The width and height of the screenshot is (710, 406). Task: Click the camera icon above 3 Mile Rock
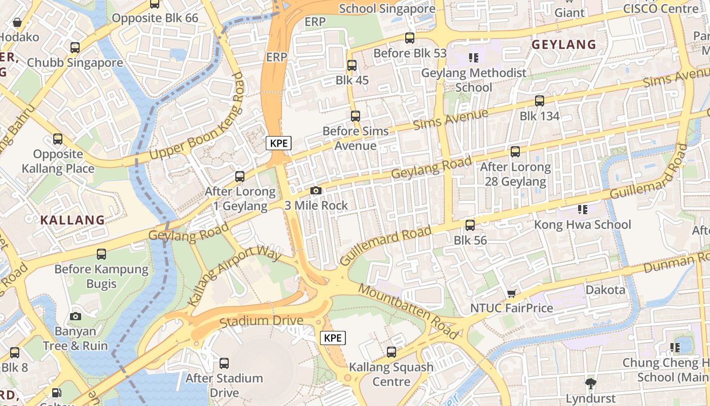315,191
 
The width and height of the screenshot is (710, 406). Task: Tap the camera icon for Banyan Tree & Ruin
75,316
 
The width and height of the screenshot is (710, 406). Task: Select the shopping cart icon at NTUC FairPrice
512,293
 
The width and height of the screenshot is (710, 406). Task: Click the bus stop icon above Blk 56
470,225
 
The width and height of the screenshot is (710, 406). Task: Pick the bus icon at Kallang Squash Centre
391,352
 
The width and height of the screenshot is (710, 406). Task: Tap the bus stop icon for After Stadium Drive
224,363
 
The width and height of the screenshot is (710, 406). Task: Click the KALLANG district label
72,220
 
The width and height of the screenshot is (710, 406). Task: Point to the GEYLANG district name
563,45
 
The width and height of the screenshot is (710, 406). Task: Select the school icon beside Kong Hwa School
582,209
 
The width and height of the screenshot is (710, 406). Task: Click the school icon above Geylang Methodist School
474,58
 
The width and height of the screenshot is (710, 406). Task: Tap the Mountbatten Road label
409,311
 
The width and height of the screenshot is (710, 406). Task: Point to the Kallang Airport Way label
234,277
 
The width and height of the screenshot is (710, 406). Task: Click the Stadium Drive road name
261,321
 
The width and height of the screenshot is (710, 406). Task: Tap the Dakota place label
605,290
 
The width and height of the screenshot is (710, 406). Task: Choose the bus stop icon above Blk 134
539,100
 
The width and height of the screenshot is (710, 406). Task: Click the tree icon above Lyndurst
590,383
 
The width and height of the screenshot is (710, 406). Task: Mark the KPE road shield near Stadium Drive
333,338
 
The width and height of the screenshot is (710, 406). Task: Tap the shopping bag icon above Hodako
17,22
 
